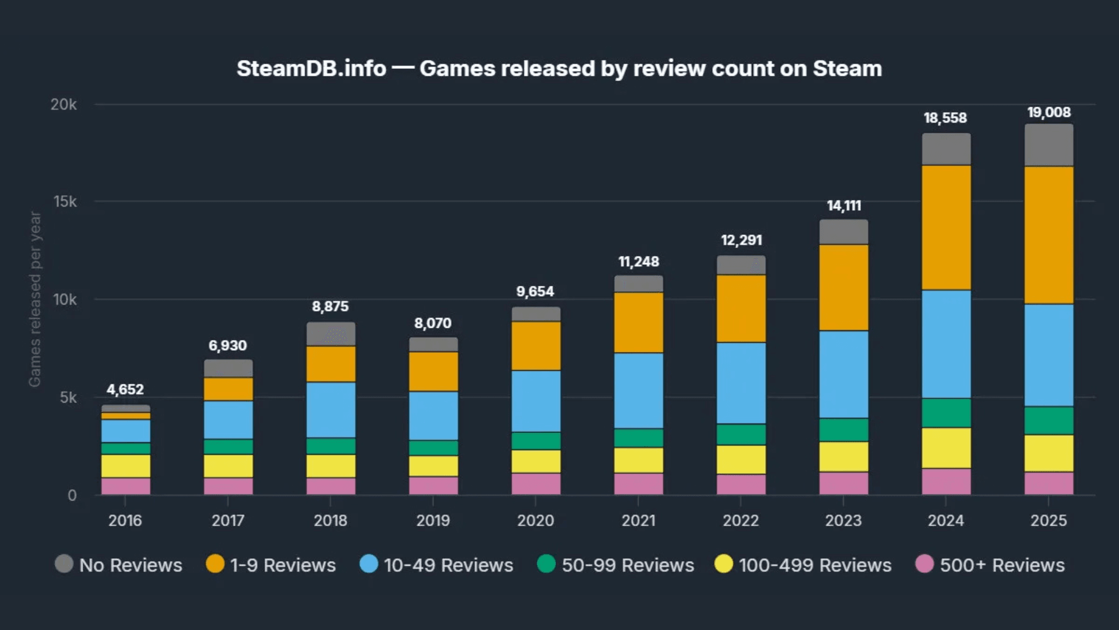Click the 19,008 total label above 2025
(x=1048, y=113)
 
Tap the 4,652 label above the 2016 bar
(x=125, y=389)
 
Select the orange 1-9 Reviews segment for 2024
(x=946, y=228)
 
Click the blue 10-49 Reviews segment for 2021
(x=638, y=390)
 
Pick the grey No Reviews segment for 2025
(x=1048, y=145)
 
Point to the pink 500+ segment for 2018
(x=330, y=486)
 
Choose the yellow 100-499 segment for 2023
(x=843, y=456)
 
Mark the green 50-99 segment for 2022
(x=741, y=434)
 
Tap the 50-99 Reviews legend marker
(x=546, y=564)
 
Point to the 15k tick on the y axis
(x=65, y=202)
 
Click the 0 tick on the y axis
(x=72, y=495)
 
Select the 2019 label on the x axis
(x=432, y=520)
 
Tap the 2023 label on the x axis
(x=843, y=520)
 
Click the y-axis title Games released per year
(x=35, y=299)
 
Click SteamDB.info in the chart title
(x=311, y=69)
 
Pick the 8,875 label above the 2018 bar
(x=330, y=306)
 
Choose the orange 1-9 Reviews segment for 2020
(x=536, y=345)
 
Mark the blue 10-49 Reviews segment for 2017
(x=228, y=419)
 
